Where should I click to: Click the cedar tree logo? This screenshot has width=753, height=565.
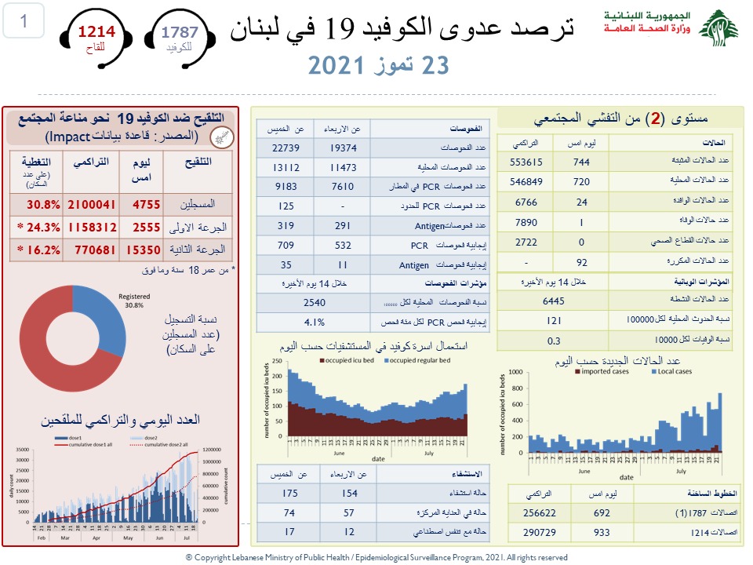point(718,30)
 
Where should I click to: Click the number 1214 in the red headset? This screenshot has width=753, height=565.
point(96,32)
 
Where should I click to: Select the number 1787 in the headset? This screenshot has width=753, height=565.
point(180,32)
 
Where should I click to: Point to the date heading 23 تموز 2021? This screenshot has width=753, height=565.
point(378,64)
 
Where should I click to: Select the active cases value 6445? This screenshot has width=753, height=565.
point(553,300)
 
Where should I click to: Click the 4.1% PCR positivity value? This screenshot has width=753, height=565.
point(314,320)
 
